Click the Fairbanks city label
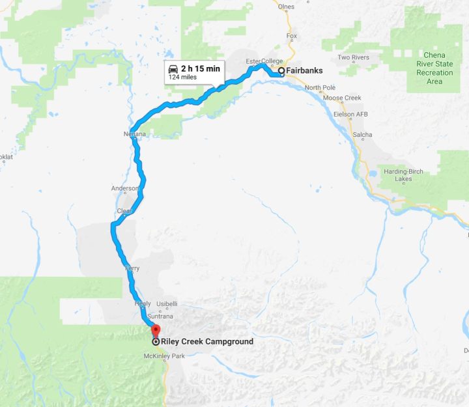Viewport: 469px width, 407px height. click(x=305, y=71)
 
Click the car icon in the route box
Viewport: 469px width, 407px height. click(x=173, y=68)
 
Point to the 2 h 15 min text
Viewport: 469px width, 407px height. click(x=200, y=68)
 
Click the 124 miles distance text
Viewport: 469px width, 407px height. click(x=182, y=77)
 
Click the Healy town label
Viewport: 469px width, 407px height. click(x=142, y=304)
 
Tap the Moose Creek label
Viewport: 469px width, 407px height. click(x=342, y=98)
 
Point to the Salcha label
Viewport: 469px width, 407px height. click(x=362, y=135)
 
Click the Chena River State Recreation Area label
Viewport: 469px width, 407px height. click(x=434, y=68)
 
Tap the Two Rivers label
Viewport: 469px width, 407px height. click(x=354, y=57)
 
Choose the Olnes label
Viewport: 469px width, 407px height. click(x=286, y=7)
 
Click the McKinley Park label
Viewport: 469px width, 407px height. click(x=160, y=356)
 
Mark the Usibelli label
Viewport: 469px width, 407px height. click(x=167, y=304)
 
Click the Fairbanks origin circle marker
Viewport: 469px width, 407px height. click(x=281, y=71)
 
